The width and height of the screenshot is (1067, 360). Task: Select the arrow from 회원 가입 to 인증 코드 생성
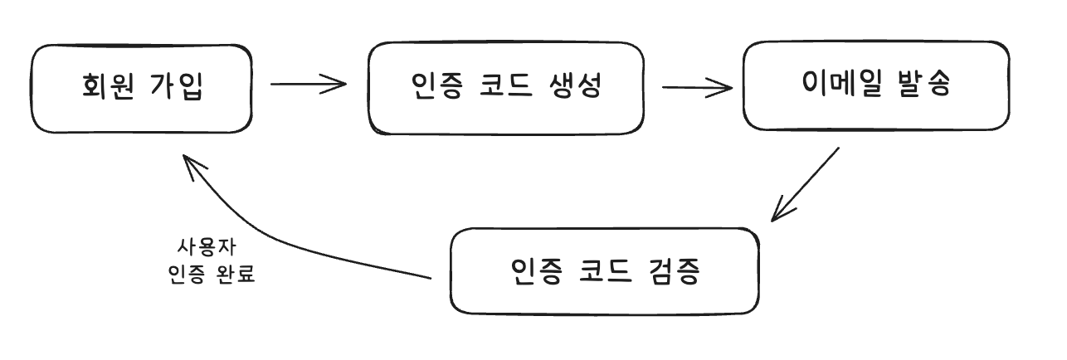click(x=307, y=84)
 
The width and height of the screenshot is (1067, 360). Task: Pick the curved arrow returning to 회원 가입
click(x=282, y=241)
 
